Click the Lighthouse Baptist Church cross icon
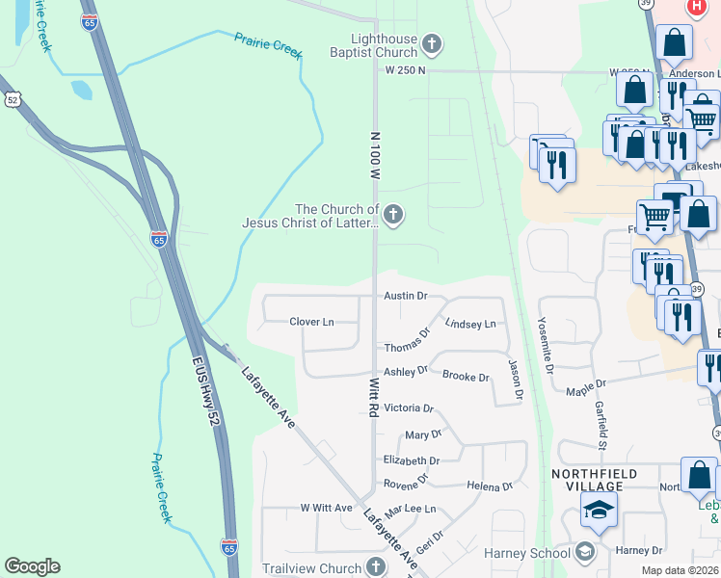click(433, 43)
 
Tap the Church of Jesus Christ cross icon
click(392, 215)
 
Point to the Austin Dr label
click(405, 297)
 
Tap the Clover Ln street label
click(311, 321)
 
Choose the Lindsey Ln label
click(470, 325)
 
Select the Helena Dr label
click(488, 486)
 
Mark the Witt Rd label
click(373, 397)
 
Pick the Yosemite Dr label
click(546, 344)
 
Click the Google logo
click(32, 566)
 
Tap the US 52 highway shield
click(12, 98)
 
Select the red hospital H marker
click(696, 7)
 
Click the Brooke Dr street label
click(467, 377)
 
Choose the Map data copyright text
click(681, 570)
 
